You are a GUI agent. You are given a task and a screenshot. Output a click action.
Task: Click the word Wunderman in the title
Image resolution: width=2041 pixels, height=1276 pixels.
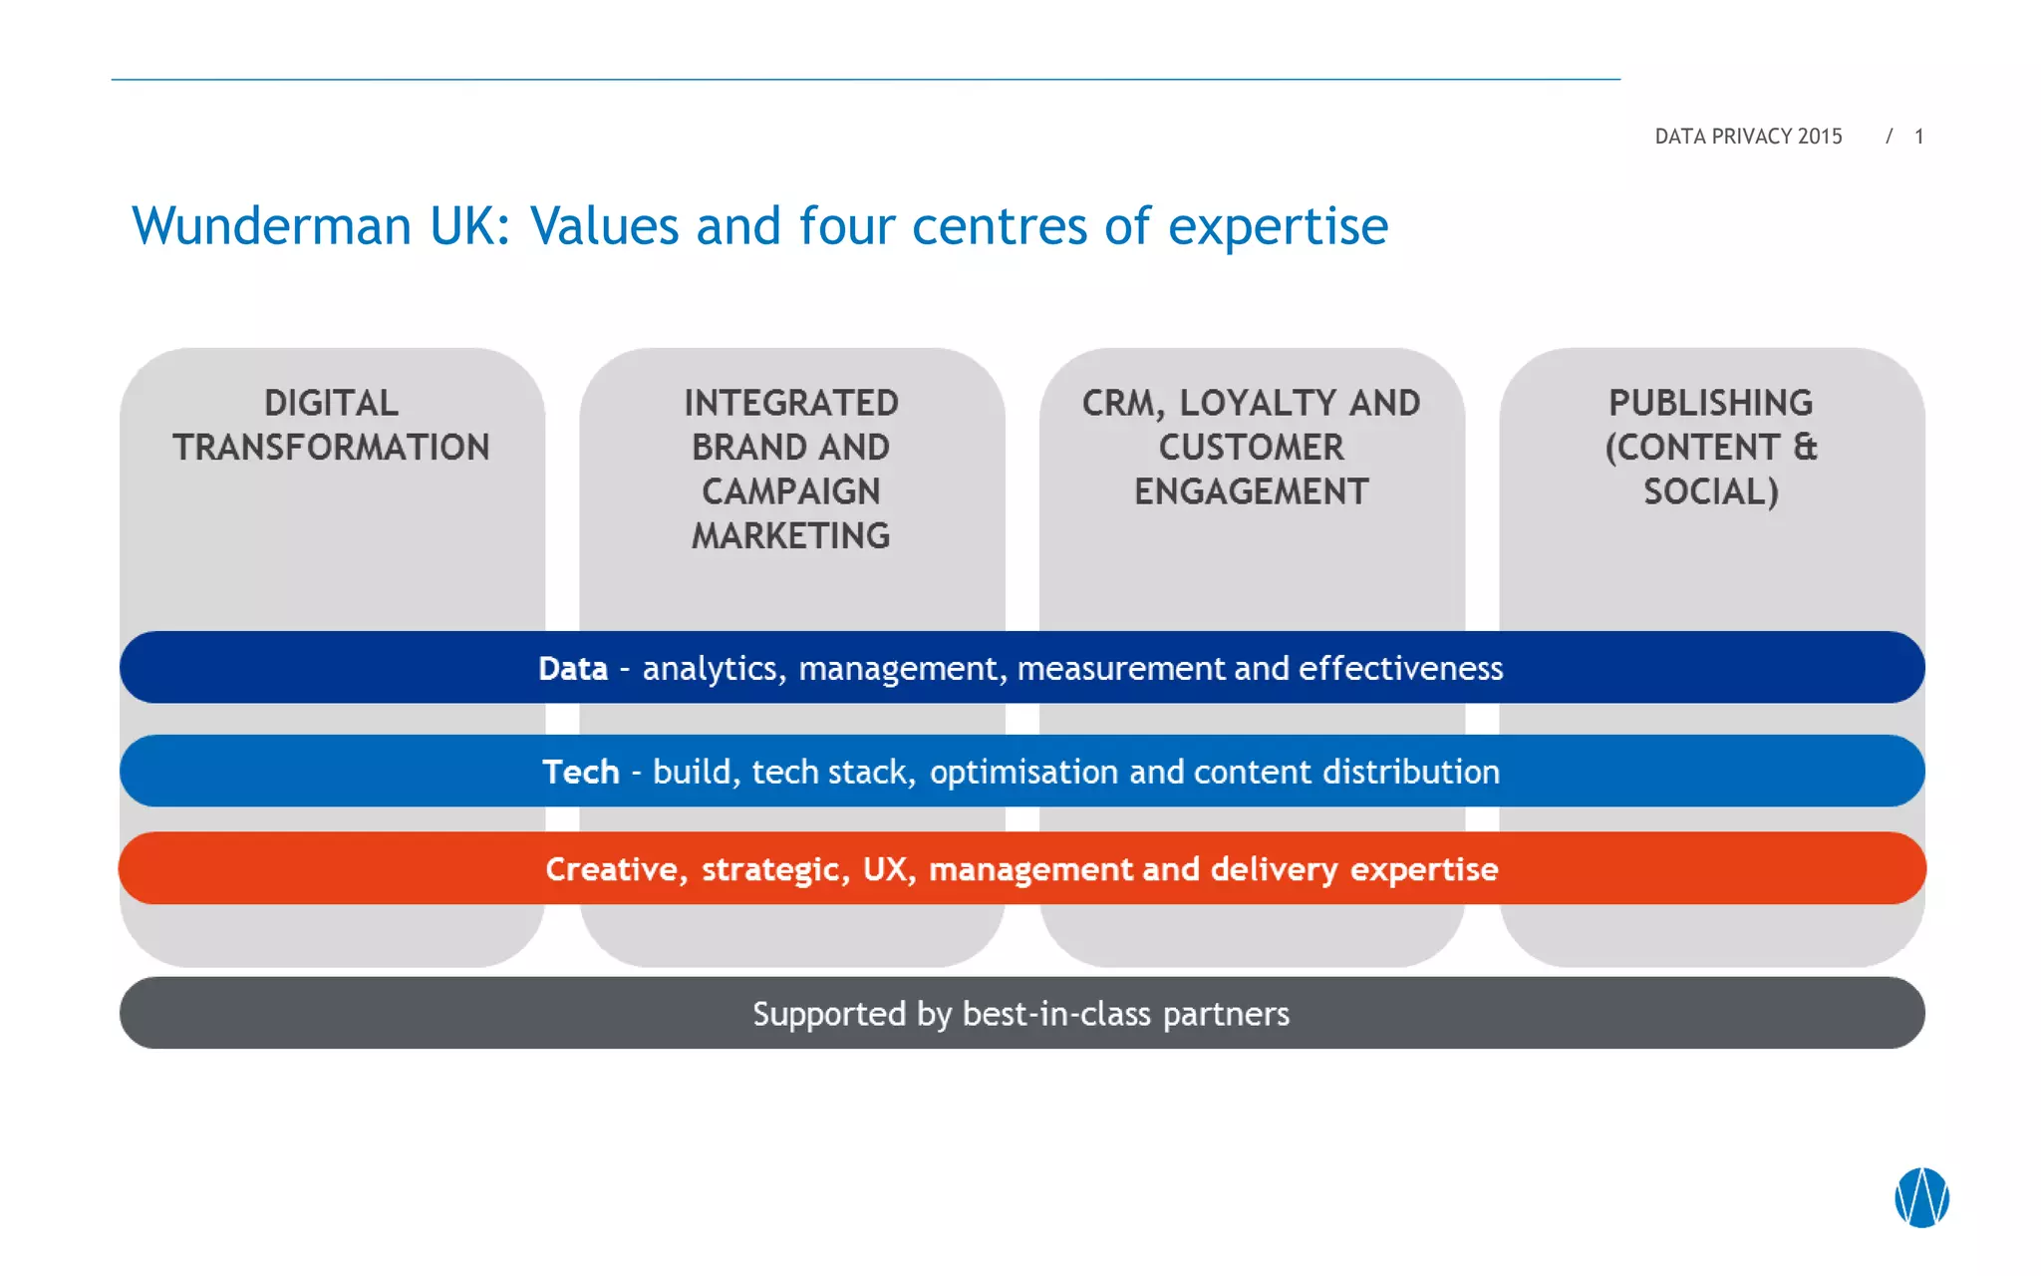(271, 226)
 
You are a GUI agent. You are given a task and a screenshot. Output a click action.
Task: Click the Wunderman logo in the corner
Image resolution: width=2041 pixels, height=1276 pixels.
(1921, 1197)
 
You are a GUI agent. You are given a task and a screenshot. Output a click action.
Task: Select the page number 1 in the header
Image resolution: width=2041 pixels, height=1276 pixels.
(1918, 137)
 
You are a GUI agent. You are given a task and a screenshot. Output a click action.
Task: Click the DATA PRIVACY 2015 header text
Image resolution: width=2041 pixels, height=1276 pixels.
(1748, 137)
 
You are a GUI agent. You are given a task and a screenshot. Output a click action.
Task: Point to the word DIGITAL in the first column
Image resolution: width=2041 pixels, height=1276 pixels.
(331, 403)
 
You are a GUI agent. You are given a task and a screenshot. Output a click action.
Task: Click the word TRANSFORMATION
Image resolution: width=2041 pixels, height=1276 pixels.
(331, 448)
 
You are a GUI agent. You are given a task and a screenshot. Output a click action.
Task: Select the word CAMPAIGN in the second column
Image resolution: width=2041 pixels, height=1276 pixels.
(791, 491)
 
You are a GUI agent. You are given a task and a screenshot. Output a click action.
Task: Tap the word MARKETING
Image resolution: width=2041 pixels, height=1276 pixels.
(791, 536)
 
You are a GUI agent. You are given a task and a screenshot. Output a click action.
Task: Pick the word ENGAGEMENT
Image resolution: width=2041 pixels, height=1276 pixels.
(1252, 491)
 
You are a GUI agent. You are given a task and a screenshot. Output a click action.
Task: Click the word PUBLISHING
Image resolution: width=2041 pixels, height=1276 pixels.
(1711, 403)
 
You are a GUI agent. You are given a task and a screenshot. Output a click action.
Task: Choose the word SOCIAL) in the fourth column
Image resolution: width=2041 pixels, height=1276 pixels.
(1711, 491)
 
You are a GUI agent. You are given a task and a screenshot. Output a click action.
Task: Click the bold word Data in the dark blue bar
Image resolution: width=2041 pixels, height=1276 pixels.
(573, 668)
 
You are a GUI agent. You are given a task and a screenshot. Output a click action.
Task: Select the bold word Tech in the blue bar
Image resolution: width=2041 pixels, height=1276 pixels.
(581, 772)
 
